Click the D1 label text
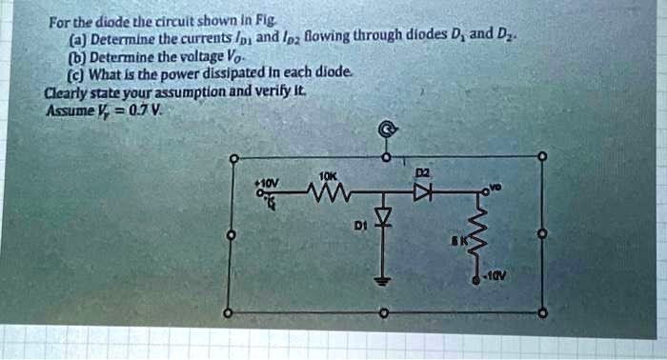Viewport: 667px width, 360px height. coord(360,229)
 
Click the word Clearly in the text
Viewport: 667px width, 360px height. coord(66,93)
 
